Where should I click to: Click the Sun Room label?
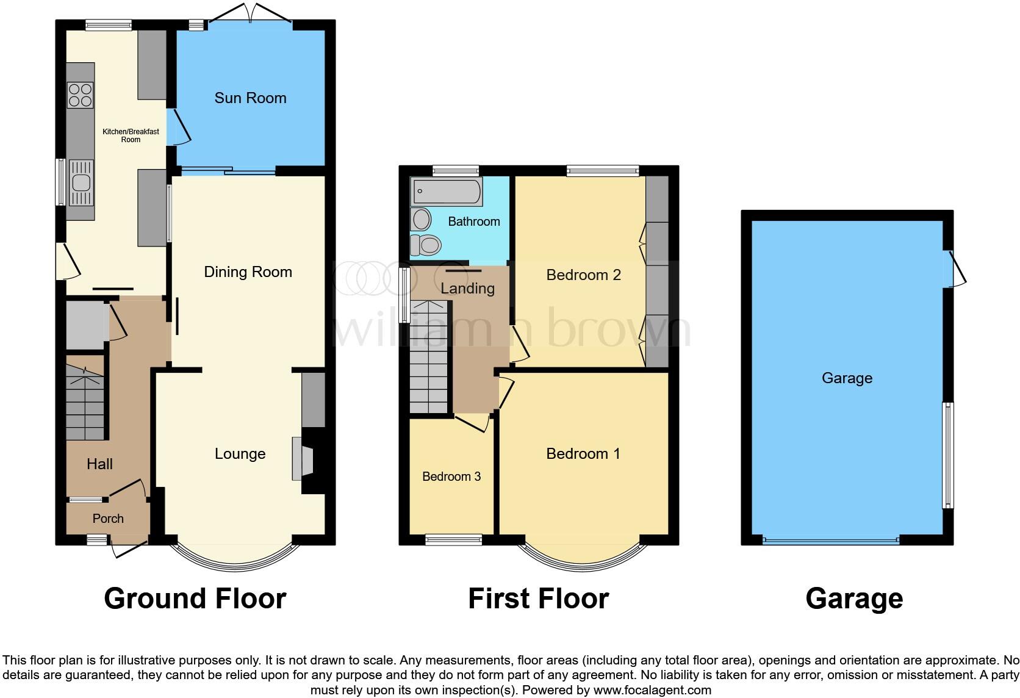click(250, 98)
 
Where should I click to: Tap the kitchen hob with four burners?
click(80, 95)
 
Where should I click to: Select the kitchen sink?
click(80, 182)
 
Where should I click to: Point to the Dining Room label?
click(248, 272)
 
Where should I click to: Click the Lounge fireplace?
click(303, 459)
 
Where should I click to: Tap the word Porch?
click(108, 519)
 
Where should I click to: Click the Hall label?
click(99, 464)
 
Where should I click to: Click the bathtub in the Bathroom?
click(447, 192)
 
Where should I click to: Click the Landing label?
click(467, 289)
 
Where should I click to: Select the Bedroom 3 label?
click(451, 477)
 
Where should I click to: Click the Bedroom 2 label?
click(583, 275)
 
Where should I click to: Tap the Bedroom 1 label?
click(583, 454)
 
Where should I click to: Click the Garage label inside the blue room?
click(847, 378)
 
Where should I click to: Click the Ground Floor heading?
click(195, 599)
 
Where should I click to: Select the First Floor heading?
click(538, 599)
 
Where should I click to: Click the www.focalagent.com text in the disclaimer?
click(652, 691)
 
